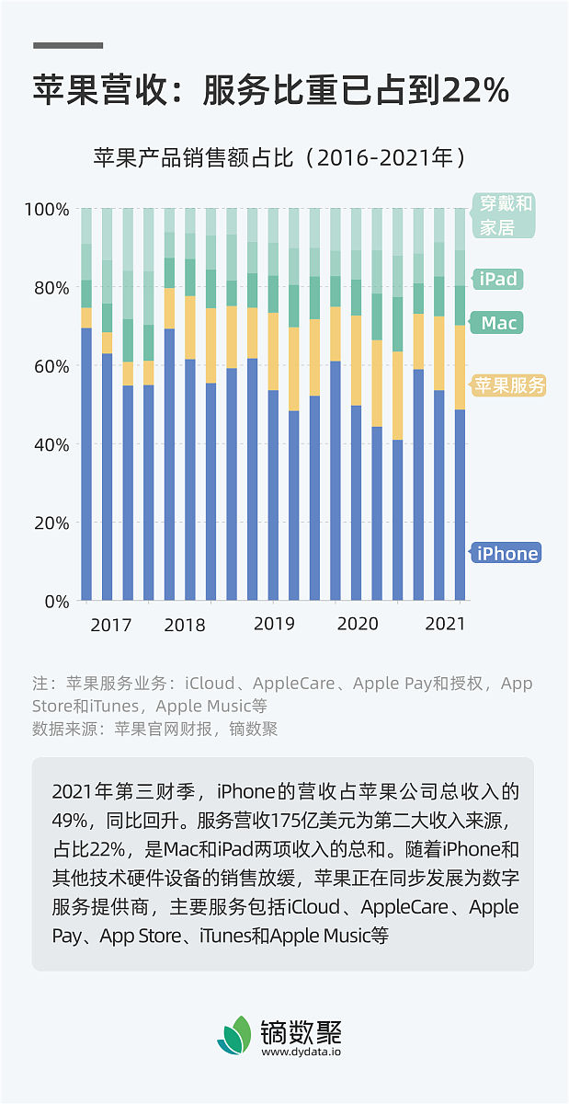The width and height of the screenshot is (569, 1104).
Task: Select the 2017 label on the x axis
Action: (x=110, y=626)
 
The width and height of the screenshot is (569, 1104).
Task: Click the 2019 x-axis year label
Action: (x=274, y=624)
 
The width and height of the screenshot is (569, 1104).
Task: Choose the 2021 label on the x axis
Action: (x=445, y=624)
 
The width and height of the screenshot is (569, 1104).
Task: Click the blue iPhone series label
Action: (x=506, y=553)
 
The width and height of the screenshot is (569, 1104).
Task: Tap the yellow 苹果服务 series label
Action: (x=509, y=385)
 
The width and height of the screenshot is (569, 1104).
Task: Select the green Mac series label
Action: (x=499, y=323)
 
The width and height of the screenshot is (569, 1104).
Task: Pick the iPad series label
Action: (x=499, y=279)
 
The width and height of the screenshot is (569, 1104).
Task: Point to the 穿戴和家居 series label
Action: (x=503, y=215)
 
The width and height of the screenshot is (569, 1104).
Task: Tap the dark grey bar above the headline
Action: (x=68, y=44)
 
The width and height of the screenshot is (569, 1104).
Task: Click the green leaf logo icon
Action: (x=233, y=1036)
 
